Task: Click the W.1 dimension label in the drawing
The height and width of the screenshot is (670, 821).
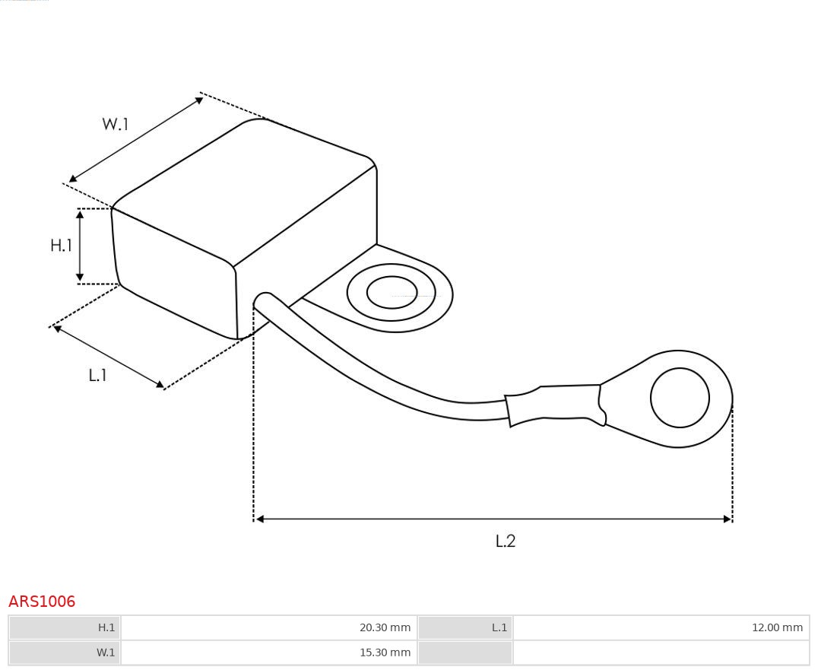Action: pyautogui.click(x=115, y=124)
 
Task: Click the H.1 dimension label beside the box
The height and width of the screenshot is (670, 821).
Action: pyautogui.click(x=61, y=245)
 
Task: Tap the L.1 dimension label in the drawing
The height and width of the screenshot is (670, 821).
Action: pyautogui.click(x=98, y=375)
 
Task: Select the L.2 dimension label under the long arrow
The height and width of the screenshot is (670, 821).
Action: pyautogui.click(x=506, y=541)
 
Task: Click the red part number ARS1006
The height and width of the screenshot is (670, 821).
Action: pyautogui.click(x=42, y=602)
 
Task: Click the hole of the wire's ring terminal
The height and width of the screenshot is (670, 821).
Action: pyautogui.click(x=680, y=398)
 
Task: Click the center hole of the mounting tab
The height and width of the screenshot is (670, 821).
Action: pyautogui.click(x=391, y=292)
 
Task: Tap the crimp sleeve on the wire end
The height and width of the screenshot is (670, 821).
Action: pyautogui.click(x=556, y=405)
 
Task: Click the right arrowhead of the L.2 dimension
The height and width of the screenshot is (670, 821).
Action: pyautogui.click(x=727, y=519)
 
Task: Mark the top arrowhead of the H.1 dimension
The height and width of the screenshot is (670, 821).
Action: pyautogui.click(x=80, y=214)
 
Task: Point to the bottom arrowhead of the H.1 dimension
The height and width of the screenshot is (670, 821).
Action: pyautogui.click(x=80, y=277)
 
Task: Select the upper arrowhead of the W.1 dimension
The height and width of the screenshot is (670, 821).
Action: pyautogui.click(x=199, y=100)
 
